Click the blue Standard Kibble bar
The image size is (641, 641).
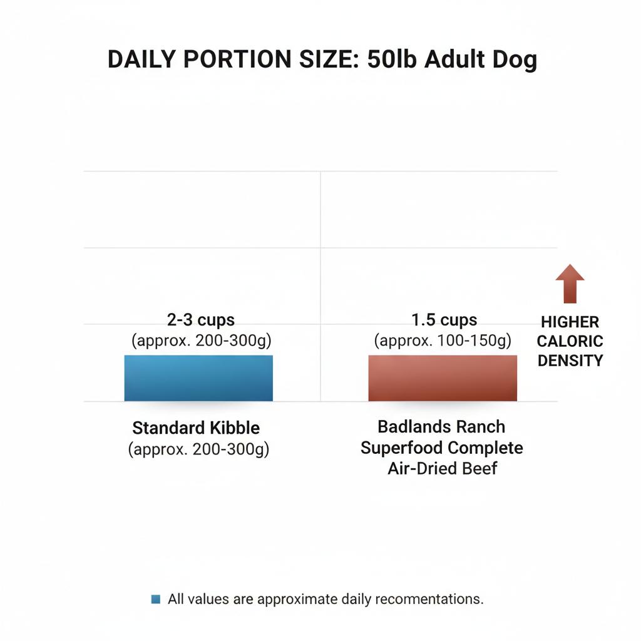click(198, 377)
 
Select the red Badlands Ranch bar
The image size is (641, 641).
click(443, 377)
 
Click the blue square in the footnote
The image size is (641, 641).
click(156, 599)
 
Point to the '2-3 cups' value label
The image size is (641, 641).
click(201, 320)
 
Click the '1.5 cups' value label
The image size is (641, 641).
click(444, 320)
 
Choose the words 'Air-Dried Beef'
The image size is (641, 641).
click(443, 468)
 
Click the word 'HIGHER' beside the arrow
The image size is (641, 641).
click(570, 322)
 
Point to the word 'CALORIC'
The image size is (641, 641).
click(570, 341)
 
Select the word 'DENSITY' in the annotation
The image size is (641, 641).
click(570, 361)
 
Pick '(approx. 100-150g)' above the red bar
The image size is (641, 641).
click(443, 341)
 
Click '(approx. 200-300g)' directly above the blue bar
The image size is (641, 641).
click(201, 341)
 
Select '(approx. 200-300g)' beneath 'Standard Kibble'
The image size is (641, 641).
click(198, 449)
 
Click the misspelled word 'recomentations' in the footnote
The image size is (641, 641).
click(424, 599)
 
